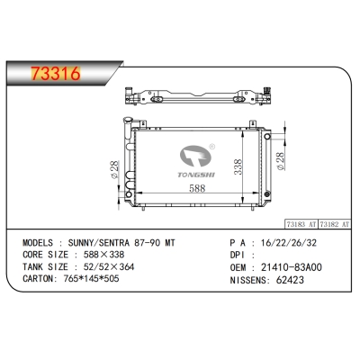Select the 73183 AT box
[302, 220]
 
